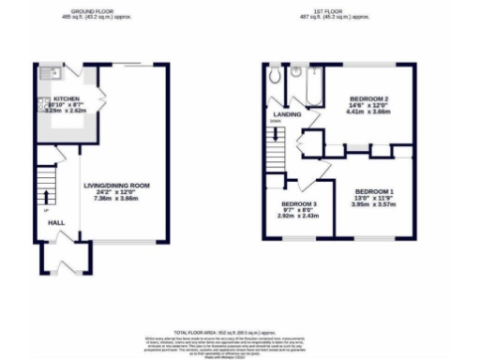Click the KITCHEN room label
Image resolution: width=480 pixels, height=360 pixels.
[66, 97]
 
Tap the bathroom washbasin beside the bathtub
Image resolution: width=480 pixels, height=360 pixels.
[294, 70]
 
